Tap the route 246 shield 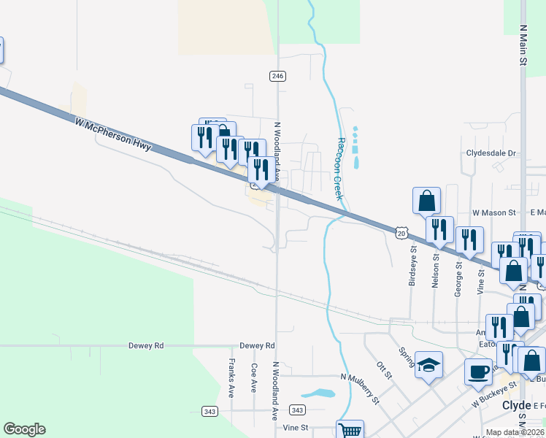(x=277, y=76)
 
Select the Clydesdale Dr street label (x=491, y=154)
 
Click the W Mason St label (x=494, y=212)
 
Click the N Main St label (x=523, y=45)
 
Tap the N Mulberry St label (x=361, y=388)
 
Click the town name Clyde (x=515, y=406)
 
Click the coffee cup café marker (x=479, y=371)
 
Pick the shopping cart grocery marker (x=350, y=431)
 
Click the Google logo (x=24, y=429)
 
